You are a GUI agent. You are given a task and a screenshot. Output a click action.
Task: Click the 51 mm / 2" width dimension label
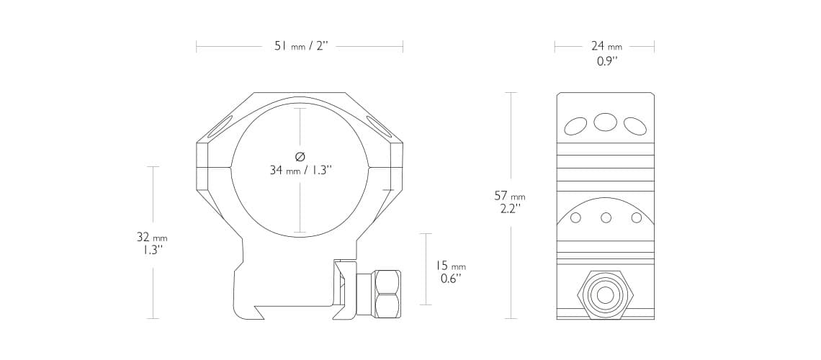coord(300,47)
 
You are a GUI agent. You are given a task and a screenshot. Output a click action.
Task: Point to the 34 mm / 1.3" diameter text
coord(300,171)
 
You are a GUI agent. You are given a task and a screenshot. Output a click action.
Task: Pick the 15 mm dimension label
coord(451,266)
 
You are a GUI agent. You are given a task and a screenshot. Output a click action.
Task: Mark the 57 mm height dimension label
coord(510,196)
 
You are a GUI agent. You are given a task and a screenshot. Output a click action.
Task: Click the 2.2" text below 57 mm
coord(510,209)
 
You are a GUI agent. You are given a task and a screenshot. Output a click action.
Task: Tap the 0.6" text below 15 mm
coord(451,279)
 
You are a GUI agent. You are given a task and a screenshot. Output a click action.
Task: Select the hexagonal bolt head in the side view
coord(605,294)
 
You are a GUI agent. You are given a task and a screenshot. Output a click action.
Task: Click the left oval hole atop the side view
coord(575,127)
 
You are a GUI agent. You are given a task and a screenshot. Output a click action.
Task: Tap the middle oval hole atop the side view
coord(605,122)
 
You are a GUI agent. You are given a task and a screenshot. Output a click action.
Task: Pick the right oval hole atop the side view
coord(634,127)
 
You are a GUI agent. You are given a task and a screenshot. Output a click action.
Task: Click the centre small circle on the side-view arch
coord(606,217)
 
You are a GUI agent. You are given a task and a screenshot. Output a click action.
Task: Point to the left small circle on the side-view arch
coord(575,218)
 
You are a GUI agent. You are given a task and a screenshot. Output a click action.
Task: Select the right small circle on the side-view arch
coord(636,218)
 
